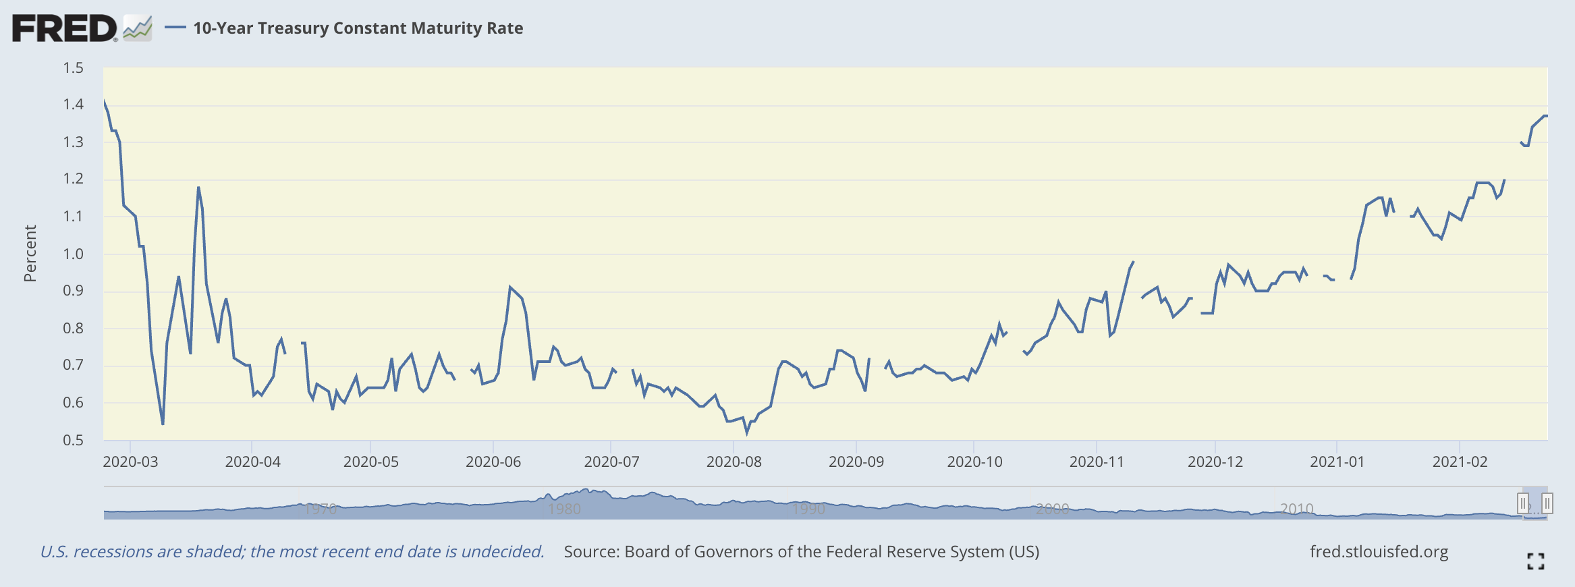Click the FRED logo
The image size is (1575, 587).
(65, 28)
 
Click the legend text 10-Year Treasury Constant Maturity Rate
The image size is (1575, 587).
(358, 28)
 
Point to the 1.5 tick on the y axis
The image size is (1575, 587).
(73, 67)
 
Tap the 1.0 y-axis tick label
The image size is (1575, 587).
(73, 254)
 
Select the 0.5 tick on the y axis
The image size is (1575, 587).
(73, 441)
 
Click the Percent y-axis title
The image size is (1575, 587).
(30, 254)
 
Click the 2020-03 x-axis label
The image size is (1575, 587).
(130, 462)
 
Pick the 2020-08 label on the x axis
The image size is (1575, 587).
(734, 462)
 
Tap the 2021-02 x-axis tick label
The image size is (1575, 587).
(1460, 462)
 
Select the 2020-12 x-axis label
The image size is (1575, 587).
(1215, 462)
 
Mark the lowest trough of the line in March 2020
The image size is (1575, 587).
(163, 424)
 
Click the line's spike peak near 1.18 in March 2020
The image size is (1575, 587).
(198, 188)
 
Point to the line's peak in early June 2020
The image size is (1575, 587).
(510, 287)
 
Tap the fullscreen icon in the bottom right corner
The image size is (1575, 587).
(1536, 561)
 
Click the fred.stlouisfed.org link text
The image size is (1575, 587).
(1379, 552)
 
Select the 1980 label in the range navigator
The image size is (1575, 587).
(564, 509)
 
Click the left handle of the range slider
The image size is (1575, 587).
(1523, 503)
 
